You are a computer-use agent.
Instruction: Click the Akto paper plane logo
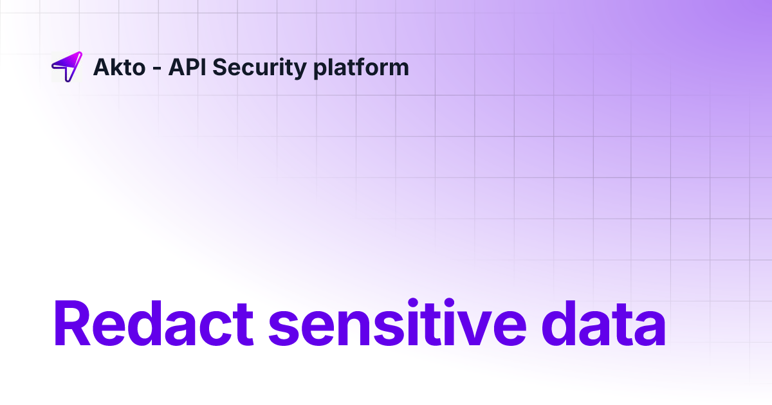[67, 66]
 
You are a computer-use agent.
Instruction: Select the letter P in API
[189, 67]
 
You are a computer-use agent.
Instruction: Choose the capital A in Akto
[102, 67]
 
